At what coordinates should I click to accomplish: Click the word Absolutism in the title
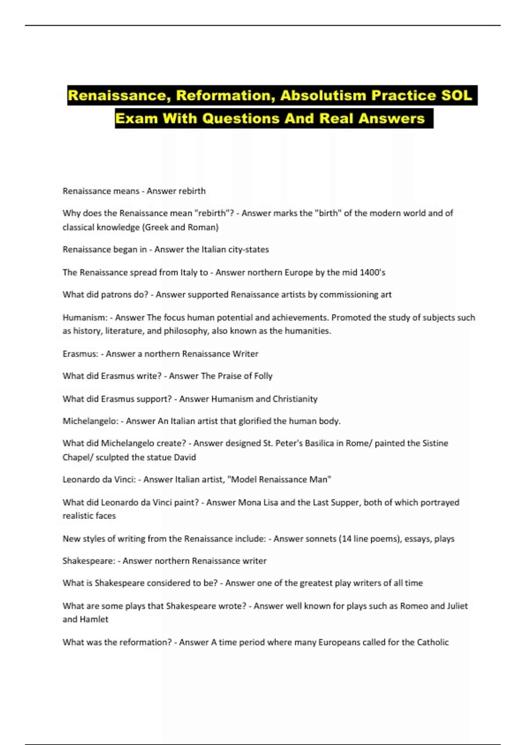point(323,96)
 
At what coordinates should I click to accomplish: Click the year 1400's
point(372,272)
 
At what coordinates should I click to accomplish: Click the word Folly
point(263,376)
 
